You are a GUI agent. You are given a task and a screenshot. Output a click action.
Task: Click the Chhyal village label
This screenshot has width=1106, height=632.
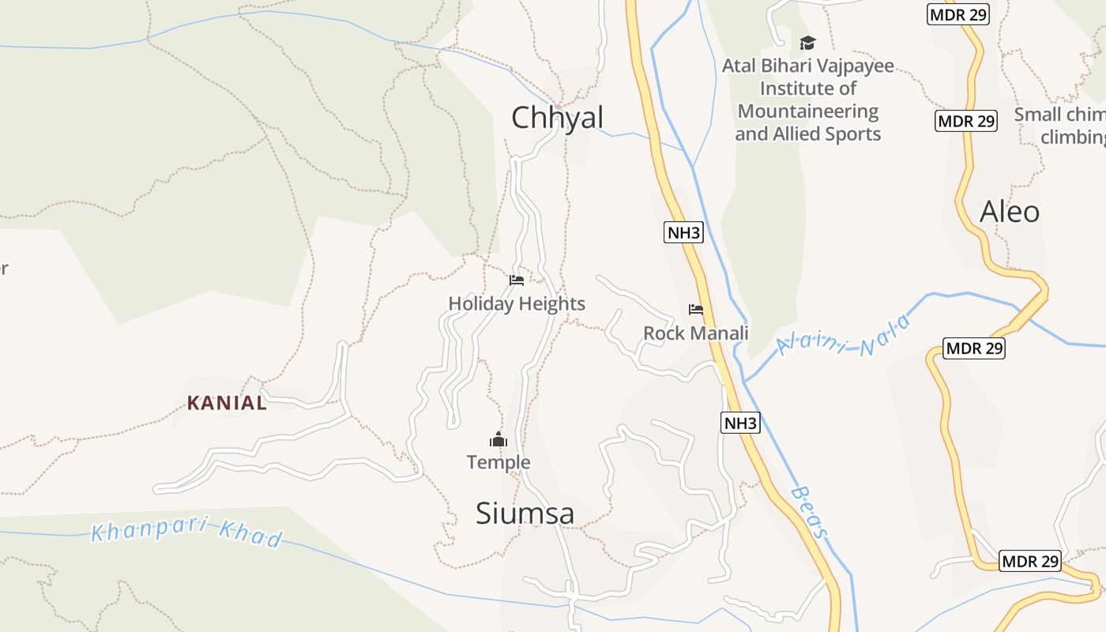557,118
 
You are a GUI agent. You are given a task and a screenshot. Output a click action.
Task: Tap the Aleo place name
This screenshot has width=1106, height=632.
1010,212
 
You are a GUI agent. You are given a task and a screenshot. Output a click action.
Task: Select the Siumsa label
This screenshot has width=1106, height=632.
525,513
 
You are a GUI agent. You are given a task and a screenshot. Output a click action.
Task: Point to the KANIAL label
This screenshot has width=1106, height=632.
227,403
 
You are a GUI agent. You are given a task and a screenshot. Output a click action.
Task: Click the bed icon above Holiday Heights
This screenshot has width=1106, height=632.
517,280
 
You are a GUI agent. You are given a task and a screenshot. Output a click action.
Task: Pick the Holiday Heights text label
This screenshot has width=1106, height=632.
517,303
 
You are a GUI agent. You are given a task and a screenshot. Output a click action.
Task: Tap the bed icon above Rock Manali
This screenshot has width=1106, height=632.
696,310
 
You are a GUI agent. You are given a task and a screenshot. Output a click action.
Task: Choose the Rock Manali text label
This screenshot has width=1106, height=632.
695,333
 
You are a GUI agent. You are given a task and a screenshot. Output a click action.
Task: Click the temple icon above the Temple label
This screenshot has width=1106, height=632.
498,440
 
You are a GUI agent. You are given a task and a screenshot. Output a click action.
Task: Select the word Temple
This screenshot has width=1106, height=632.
498,462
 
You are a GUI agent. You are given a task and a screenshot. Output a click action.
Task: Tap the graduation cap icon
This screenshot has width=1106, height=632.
807,43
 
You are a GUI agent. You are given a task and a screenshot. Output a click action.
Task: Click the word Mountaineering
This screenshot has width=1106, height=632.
808,111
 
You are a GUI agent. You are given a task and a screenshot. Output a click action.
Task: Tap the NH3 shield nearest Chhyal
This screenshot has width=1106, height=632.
683,232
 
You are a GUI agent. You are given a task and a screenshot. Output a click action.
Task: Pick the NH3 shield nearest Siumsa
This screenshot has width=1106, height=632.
740,423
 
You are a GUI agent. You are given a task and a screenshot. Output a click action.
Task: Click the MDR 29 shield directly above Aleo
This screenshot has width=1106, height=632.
966,121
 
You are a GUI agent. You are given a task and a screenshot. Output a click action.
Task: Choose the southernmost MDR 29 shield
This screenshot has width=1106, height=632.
1029,561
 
